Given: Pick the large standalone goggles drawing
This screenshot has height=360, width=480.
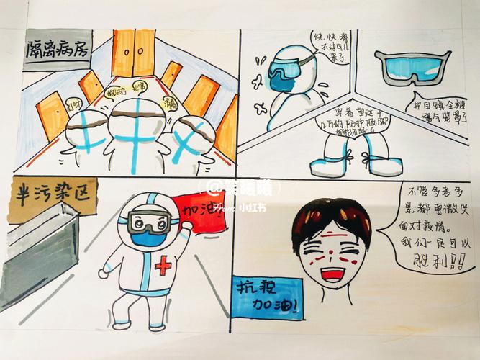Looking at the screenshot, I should click(x=415, y=66).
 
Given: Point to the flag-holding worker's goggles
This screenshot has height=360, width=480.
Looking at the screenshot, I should click(x=148, y=220).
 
